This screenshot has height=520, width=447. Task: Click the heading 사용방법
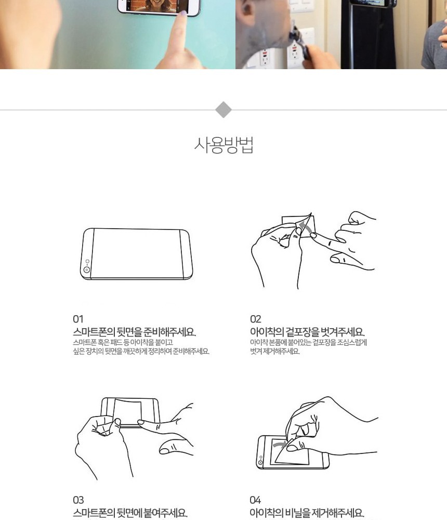224,145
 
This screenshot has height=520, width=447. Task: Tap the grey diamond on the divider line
223,109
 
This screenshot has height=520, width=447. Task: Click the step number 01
78,319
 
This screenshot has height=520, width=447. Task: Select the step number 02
255,319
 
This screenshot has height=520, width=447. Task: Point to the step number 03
78,500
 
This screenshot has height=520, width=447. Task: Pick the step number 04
255,500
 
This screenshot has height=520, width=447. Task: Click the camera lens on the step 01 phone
87,269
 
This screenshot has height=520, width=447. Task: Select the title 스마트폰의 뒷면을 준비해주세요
134,332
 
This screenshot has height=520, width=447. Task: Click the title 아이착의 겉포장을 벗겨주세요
307,332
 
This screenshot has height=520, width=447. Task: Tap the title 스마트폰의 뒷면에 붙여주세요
130,513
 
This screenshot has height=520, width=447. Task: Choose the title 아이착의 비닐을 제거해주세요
307,513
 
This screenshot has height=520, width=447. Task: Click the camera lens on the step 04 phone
260,462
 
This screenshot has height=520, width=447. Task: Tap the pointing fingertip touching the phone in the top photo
182,14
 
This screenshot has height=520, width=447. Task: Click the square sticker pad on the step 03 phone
128,411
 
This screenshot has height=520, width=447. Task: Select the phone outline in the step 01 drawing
136,254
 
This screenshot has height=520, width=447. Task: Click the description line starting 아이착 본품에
308,342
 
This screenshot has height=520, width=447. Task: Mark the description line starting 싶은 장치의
141,351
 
